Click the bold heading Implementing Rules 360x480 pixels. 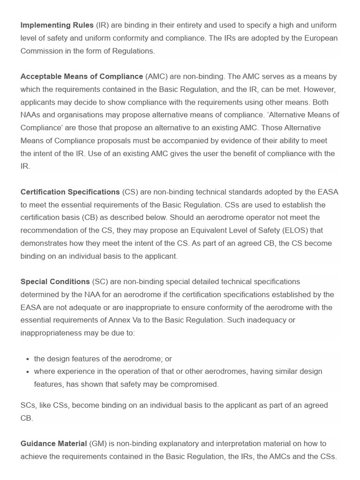click(x=57, y=25)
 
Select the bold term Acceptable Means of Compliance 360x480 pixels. click(x=82, y=76)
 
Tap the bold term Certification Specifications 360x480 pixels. click(x=70, y=192)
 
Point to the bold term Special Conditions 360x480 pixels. click(x=55, y=282)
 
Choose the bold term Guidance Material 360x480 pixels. click(x=54, y=443)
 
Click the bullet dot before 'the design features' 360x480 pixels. click(x=28, y=359)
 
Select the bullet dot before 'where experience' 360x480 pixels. click(x=28, y=372)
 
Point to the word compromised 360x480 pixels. click(x=195, y=384)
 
